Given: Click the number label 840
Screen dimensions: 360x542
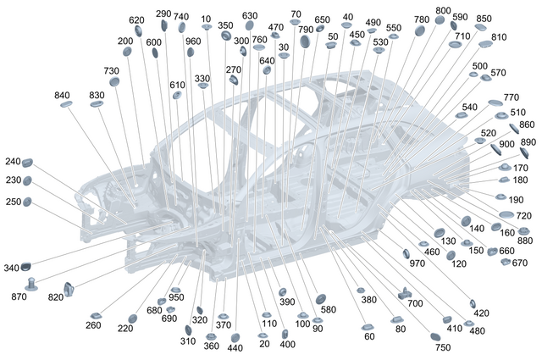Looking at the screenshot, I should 63,95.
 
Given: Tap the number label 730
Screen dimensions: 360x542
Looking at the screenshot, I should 112,70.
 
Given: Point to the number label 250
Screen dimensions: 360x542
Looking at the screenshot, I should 12,202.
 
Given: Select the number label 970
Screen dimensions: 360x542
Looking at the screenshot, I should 417,263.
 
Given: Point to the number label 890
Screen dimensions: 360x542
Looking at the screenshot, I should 528,142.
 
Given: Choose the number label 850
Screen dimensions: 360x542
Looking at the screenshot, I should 484,19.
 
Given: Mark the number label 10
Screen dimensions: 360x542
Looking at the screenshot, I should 207,18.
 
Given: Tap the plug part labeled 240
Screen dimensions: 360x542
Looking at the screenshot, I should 27,162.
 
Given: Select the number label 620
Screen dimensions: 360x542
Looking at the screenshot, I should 136,19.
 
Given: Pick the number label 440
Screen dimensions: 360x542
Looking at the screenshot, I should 235,348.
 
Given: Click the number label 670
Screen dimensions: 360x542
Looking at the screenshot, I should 519,263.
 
